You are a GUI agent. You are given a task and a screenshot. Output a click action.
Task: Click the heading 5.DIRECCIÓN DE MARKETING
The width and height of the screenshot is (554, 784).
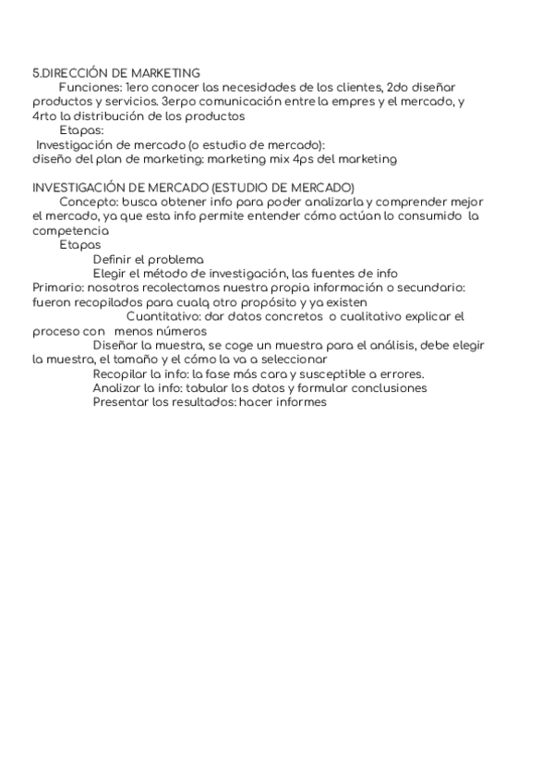point(116,72)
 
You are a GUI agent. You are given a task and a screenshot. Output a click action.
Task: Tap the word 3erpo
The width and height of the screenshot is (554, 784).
point(179,102)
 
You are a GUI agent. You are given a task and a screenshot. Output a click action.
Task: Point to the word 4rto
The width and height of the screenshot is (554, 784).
point(44,116)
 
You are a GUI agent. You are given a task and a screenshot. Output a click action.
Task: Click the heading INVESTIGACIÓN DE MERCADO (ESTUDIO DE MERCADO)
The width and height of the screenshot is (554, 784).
point(194,188)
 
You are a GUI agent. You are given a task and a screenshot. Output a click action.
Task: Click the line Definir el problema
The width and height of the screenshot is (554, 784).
point(149,259)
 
